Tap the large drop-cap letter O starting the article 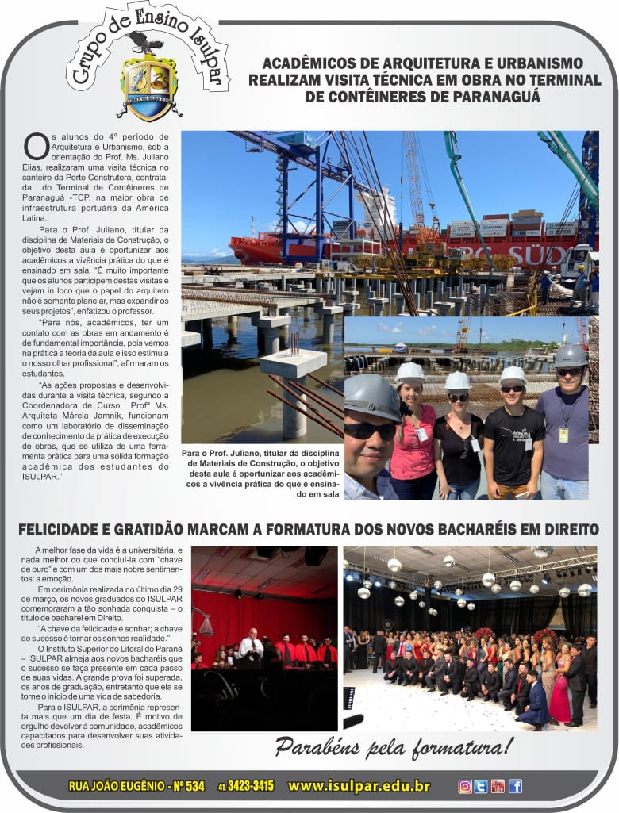[x=37, y=146]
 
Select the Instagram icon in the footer [x=465, y=786]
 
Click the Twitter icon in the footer [x=481, y=786]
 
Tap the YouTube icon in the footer [x=498, y=786]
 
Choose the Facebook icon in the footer [x=515, y=786]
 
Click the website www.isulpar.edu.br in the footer [x=359, y=786]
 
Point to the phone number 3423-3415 [x=250, y=786]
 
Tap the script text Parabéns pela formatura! [x=394, y=746]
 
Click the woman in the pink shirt [x=413, y=440]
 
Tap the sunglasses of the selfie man [x=371, y=430]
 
